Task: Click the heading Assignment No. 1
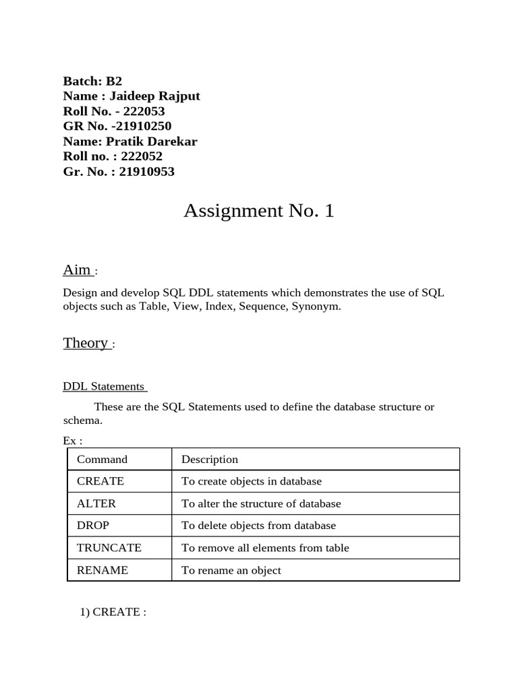pos(258,212)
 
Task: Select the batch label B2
pos(113,81)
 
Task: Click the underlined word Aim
pos(77,270)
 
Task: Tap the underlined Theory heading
pos(86,343)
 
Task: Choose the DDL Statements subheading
pos(104,387)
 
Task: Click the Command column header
pos(102,460)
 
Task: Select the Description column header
pos(210,460)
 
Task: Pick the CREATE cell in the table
pos(100,481)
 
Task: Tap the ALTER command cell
pos(96,503)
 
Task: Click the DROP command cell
pos(93,526)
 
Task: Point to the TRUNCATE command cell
pos(109,548)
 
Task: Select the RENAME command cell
pos(103,570)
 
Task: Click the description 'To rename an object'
pos(231,570)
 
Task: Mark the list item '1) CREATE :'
pos(113,613)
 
